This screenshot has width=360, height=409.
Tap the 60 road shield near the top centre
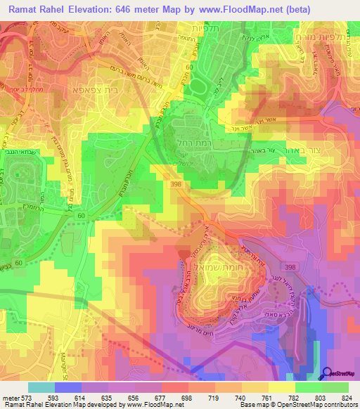click(188, 66)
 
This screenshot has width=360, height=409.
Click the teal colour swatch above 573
click(41, 387)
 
